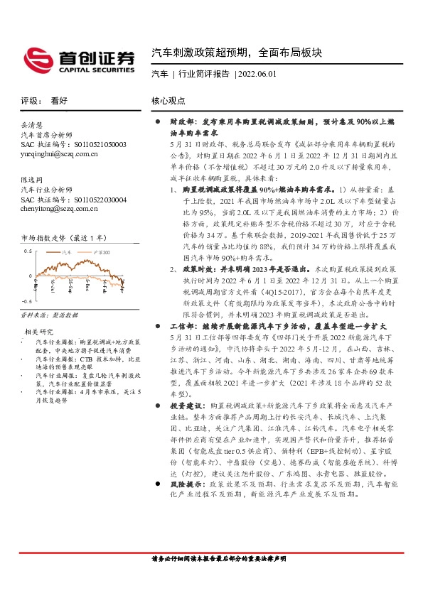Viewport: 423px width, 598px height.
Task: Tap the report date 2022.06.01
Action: (x=258, y=74)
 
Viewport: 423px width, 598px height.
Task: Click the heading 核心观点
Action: (x=168, y=101)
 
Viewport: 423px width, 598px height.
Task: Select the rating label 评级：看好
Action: (x=45, y=101)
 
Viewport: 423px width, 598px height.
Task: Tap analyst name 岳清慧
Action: (x=32, y=124)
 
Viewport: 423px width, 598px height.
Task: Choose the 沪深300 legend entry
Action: (x=100, y=251)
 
